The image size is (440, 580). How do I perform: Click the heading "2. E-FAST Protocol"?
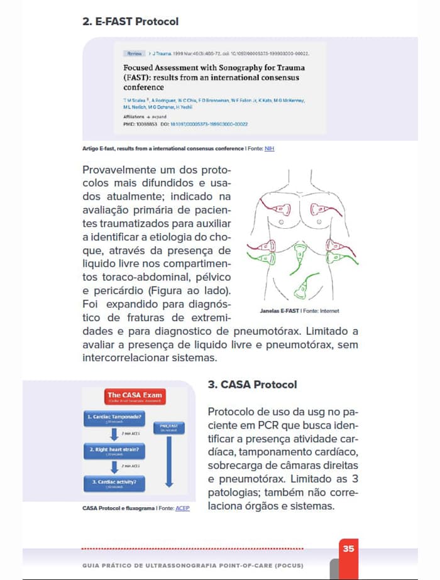tap(130, 21)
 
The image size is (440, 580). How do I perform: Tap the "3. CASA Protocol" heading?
tap(252, 384)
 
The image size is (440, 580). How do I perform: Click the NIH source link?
tap(269, 148)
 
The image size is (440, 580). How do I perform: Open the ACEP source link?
tap(182, 508)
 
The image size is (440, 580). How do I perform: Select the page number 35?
tap(349, 549)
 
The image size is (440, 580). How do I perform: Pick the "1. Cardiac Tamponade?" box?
tap(114, 418)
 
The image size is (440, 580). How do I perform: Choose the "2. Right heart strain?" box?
tap(114, 451)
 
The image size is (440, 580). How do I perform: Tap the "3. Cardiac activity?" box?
tap(114, 483)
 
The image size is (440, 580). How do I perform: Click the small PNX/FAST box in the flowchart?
tap(168, 427)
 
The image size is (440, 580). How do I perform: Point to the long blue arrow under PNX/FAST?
tap(168, 462)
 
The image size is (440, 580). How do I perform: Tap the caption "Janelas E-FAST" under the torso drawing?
tap(279, 311)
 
